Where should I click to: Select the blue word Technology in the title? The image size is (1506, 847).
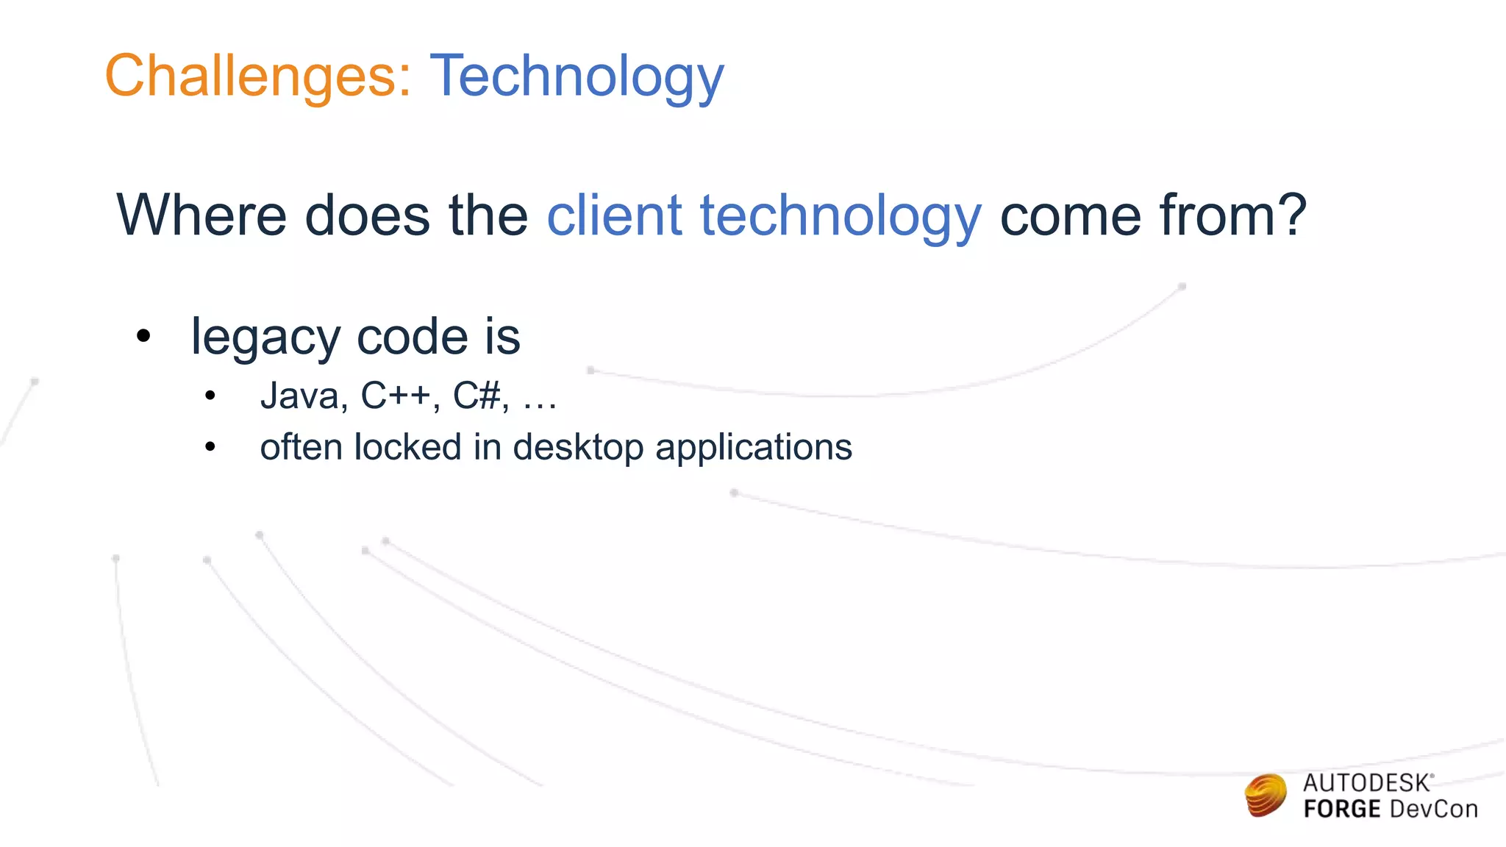(577, 78)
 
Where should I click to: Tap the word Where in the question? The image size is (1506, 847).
(201, 215)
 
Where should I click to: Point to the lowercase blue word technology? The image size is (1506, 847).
(841, 218)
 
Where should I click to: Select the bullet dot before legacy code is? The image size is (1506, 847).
(143, 337)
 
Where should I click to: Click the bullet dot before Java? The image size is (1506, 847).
(210, 396)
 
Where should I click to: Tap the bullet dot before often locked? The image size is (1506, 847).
(210, 447)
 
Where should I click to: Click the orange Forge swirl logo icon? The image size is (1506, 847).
(1266, 796)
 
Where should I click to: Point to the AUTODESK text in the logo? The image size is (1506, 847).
(1366, 784)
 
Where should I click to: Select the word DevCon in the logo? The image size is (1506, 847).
(1433, 810)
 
